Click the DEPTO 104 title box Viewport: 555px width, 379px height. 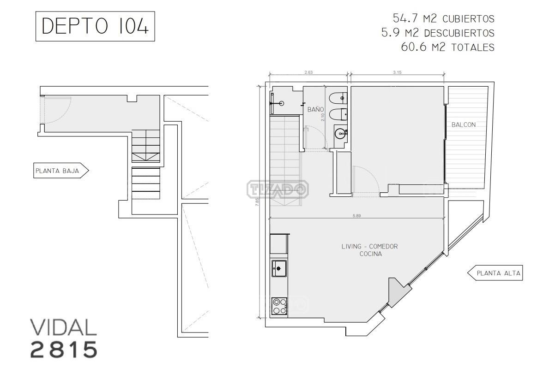click(95, 26)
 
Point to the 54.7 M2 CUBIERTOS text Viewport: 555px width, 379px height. click(444, 18)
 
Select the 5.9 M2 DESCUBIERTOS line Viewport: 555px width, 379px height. click(438, 33)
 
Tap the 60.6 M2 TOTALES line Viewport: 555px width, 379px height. click(448, 47)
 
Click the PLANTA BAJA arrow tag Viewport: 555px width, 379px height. click(61, 171)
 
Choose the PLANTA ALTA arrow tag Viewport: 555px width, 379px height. click(495, 273)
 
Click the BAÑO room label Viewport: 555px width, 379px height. click(315, 109)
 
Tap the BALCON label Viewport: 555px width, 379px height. click(464, 125)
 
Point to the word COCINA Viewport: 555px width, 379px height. click(371, 254)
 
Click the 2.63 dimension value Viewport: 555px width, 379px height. click(308, 72)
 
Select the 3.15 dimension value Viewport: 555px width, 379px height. click(397, 72)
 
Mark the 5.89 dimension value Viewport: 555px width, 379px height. click(357, 216)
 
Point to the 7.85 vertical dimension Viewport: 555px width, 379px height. click(257, 201)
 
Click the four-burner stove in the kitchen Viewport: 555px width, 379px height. click(279, 306)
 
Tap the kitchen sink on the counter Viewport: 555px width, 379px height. click(279, 268)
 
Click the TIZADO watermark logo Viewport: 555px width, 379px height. click(278, 189)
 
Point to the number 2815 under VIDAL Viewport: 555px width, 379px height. click(64, 349)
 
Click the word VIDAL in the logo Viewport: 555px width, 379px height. click(63, 327)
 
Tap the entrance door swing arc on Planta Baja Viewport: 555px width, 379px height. click(65, 114)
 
